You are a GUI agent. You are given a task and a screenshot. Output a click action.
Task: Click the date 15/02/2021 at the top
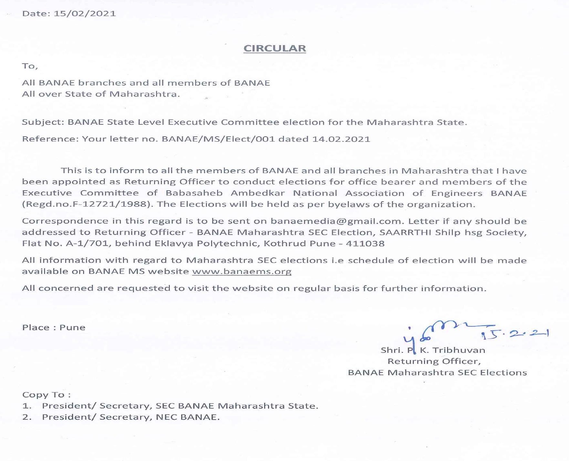[x=85, y=14]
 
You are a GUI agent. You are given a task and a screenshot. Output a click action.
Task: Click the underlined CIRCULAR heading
[x=274, y=48]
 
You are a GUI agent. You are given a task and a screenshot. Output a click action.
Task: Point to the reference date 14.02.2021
[x=341, y=139]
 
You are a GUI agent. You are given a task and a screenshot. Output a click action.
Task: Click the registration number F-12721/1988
[x=111, y=204]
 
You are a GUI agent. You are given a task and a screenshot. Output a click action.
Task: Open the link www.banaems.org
[x=242, y=271]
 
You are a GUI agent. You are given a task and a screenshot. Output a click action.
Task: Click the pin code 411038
[x=365, y=244]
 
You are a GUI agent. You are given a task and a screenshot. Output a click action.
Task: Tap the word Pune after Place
[x=72, y=328]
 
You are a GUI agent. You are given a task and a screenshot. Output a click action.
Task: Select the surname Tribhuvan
[x=459, y=350]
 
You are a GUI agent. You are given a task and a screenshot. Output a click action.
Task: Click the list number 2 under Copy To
[x=26, y=417]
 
